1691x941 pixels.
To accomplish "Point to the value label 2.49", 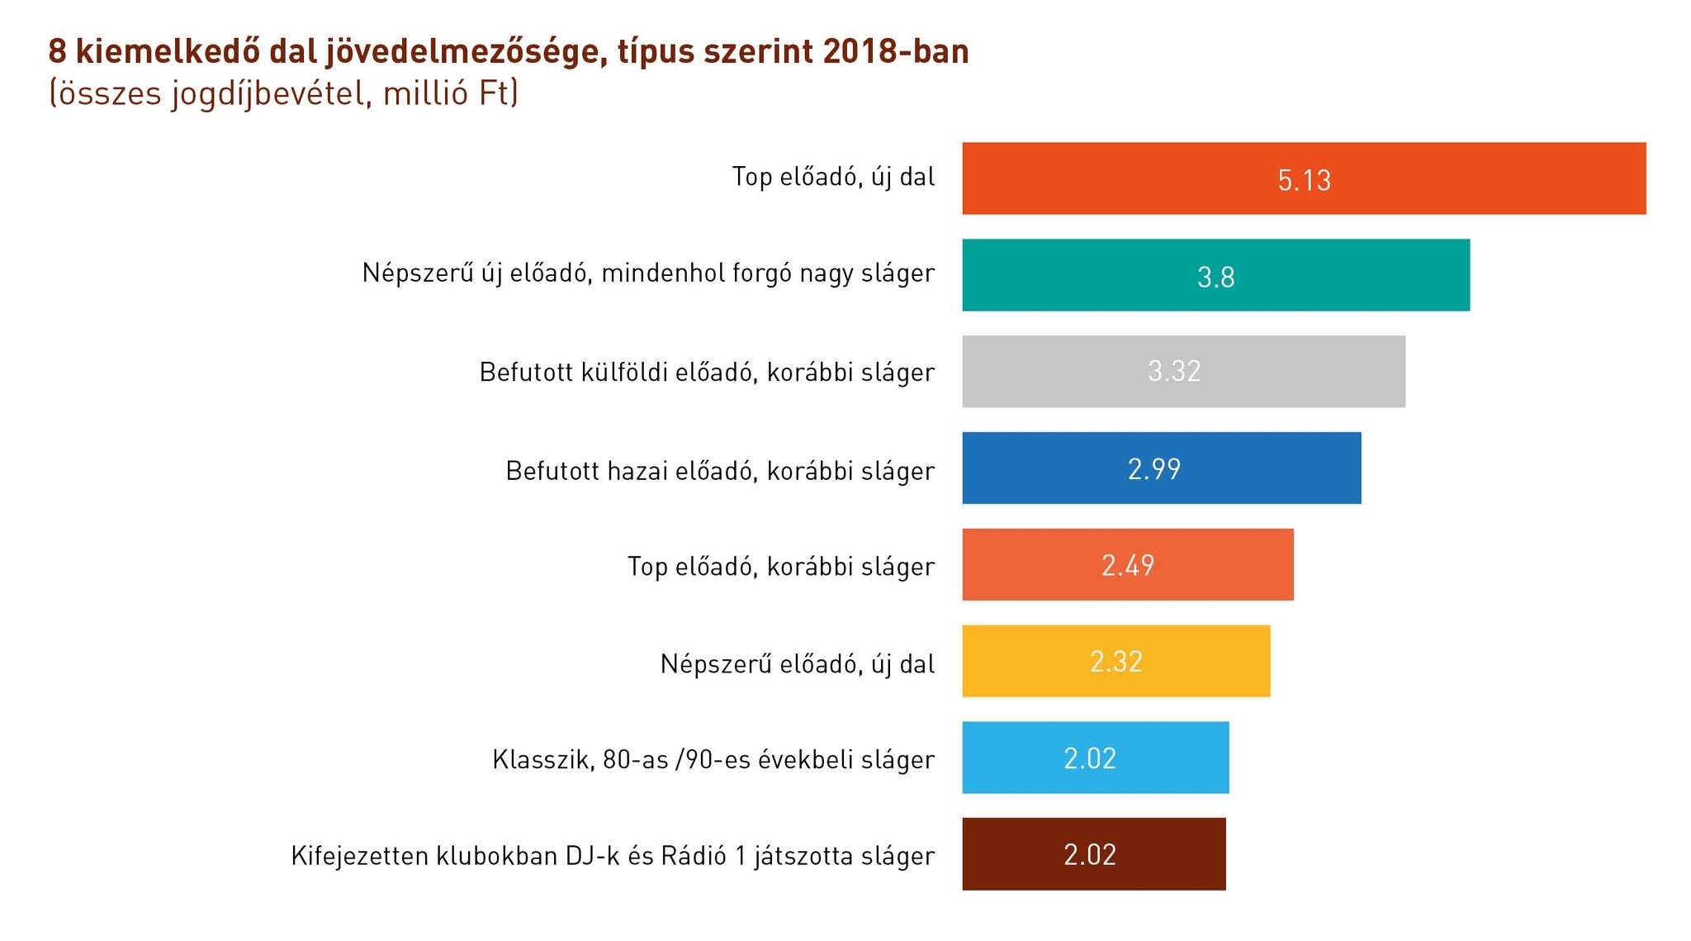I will pyautogui.click(x=1128, y=565).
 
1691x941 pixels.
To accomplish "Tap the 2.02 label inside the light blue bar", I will pyautogui.click(x=1090, y=758).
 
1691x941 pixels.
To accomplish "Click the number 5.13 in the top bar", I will pyautogui.click(x=1304, y=180).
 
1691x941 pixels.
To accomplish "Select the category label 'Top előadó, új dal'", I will pyautogui.click(x=833, y=177).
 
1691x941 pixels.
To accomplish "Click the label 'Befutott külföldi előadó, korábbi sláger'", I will pyautogui.click(x=707, y=372).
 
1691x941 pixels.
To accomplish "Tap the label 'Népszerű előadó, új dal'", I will pyautogui.click(x=798, y=663).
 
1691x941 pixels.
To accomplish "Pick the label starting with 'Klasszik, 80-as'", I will pyautogui.click(x=713, y=759).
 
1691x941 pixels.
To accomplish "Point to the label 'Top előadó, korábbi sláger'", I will pyautogui.click(x=781, y=567).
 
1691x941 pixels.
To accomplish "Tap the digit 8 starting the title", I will pyautogui.click(x=57, y=52).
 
